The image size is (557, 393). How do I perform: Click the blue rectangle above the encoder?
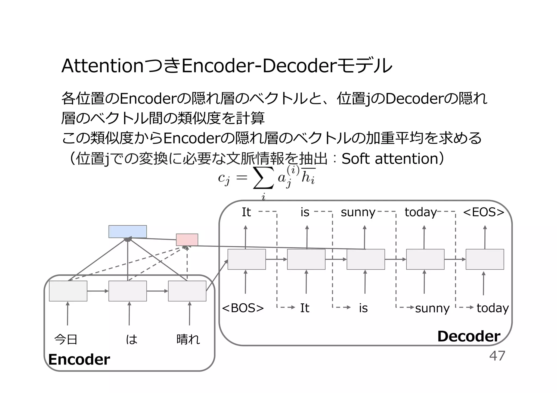pos(128,231)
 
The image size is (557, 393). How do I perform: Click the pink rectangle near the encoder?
pos(187,240)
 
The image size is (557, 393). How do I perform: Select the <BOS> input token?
pos(243,308)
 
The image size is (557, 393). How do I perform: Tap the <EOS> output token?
pos(484,212)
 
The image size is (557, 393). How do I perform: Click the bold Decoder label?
pos(469,336)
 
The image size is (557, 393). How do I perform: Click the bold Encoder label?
pos(79,359)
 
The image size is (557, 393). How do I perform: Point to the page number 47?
pos(497,356)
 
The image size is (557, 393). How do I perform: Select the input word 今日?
pos(66,339)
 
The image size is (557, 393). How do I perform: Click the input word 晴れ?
pos(188,339)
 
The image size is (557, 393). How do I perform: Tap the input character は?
pos(132,339)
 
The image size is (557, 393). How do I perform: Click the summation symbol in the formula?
pos(263,178)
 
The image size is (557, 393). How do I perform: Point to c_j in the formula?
pos(224,178)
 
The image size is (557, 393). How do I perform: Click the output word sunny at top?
pos(358,212)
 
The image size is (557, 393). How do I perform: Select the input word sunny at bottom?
pos(432,309)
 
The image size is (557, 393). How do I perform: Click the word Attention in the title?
pos(103,66)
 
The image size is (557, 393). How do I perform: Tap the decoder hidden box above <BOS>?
pos(246,259)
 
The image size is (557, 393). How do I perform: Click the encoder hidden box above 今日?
pos(68,291)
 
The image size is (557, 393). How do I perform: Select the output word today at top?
pos(420,212)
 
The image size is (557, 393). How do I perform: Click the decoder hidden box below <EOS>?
pos(485,259)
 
